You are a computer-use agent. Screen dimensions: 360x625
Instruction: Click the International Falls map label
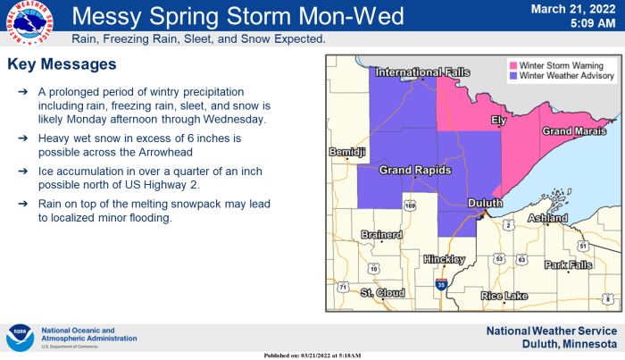(409, 71)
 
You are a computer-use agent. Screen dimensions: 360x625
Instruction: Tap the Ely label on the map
(499, 120)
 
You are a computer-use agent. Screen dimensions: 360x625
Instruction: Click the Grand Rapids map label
(414, 170)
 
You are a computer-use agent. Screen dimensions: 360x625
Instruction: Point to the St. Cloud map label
(383, 292)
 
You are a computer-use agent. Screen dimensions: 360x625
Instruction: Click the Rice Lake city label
(504, 296)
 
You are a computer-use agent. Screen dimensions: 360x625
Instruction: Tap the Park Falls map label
(568, 265)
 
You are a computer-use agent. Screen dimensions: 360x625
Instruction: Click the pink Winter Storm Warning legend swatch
(514, 66)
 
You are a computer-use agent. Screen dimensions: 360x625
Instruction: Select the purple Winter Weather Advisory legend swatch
(514, 77)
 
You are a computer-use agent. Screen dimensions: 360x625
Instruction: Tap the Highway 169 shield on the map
(410, 206)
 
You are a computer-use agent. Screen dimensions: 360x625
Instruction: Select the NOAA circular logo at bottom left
(20, 338)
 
